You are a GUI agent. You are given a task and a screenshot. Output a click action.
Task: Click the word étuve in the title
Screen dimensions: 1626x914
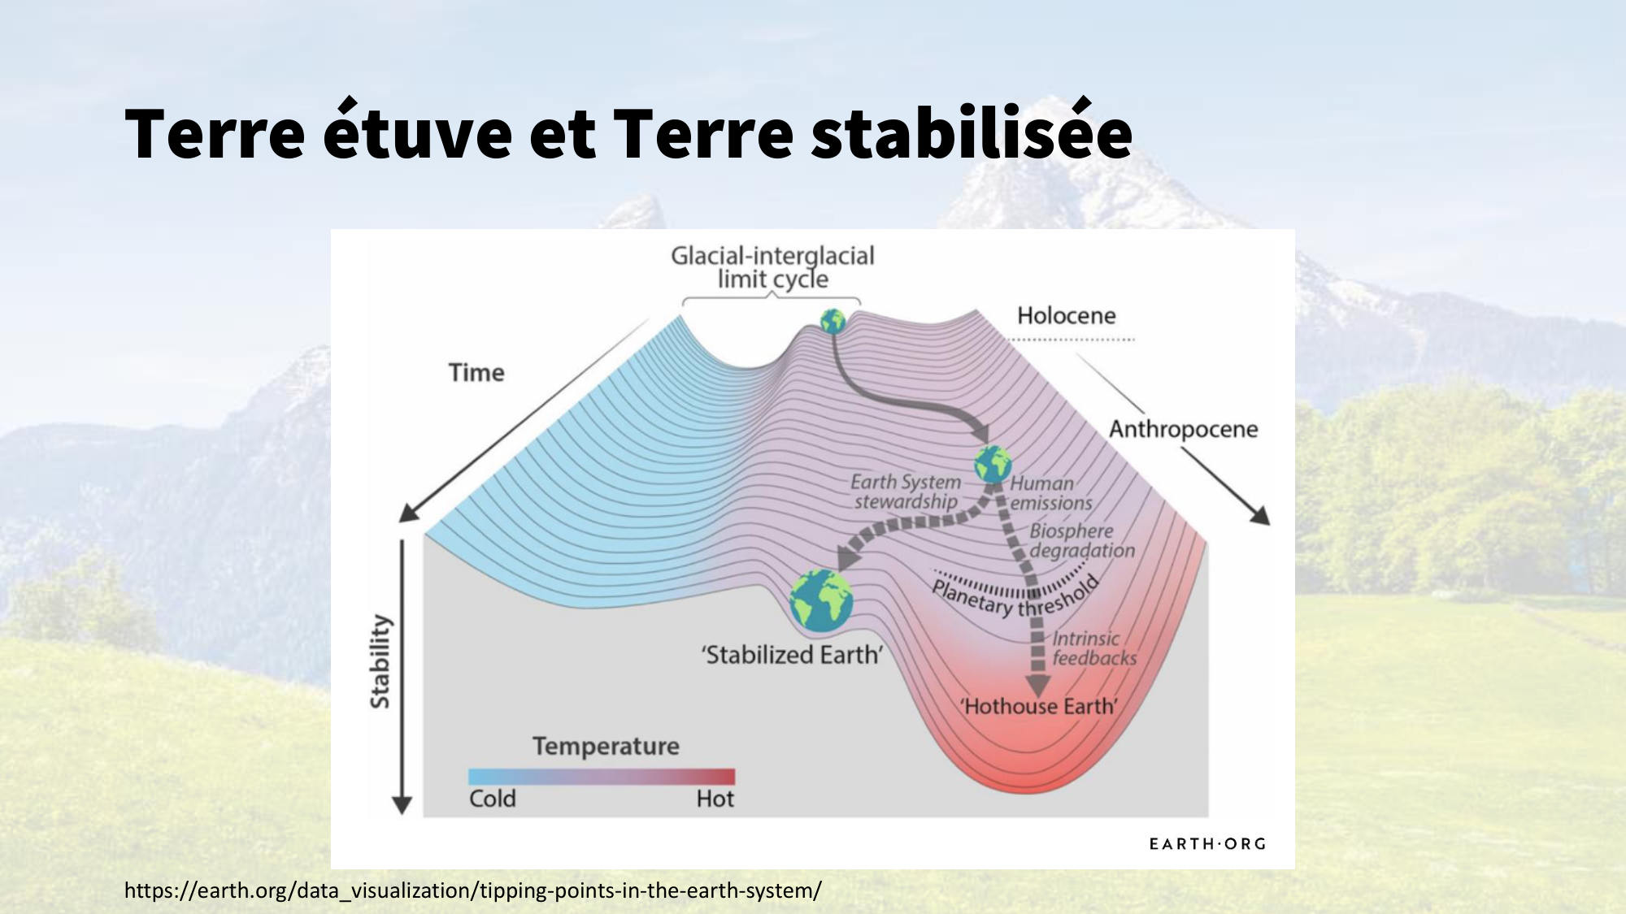pos(418,129)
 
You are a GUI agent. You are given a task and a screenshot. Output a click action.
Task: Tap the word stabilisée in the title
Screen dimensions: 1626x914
pos(972,129)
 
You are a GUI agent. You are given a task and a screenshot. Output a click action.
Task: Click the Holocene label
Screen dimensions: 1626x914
pos(1067,315)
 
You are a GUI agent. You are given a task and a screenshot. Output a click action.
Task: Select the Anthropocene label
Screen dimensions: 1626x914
pos(1184,429)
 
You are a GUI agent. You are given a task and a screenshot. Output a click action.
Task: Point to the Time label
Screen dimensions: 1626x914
pos(476,372)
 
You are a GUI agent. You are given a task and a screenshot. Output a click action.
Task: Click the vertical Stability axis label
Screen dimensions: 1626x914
pos(380,661)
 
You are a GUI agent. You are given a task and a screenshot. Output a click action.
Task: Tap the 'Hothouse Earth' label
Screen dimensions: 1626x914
pos(1039,706)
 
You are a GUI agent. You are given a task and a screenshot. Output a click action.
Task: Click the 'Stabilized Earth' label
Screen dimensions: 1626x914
pos(793,655)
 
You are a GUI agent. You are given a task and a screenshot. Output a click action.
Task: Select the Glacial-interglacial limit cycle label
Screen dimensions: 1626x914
pos(772,267)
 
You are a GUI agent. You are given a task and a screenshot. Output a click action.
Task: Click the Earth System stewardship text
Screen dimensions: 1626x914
pos(906,492)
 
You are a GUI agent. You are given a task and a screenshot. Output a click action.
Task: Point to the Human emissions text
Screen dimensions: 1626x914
pos(1051,493)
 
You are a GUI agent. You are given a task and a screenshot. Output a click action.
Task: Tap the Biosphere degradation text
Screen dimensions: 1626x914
pos(1082,540)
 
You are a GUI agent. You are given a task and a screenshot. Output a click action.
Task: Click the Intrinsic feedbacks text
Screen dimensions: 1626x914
pos(1094,648)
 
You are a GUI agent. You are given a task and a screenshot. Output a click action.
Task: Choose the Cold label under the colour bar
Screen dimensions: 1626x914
pos(493,799)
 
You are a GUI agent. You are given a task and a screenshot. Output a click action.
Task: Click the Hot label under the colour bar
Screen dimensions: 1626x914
pos(715,799)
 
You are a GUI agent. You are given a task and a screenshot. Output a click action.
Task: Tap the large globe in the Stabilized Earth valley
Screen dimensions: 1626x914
pos(821,600)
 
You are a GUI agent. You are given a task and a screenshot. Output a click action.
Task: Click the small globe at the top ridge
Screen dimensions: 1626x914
pos(833,321)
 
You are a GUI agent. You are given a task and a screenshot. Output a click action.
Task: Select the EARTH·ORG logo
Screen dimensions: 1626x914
pos(1207,844)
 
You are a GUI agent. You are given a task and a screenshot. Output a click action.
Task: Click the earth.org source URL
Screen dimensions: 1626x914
pos(473,890)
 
